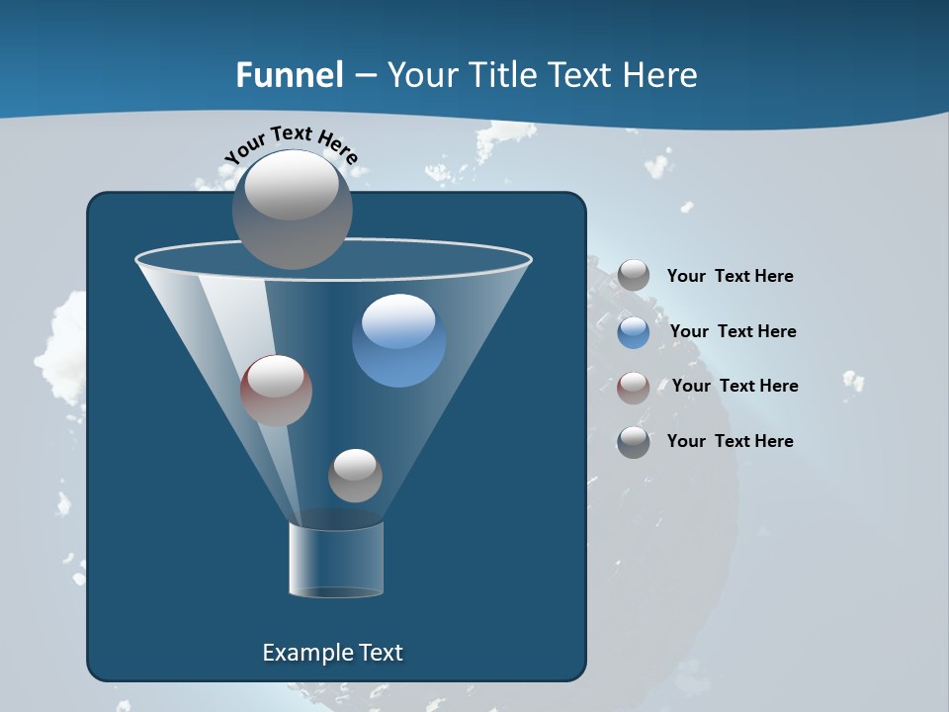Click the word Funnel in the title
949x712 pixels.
[290, 75]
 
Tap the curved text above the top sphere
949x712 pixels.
[291, 143]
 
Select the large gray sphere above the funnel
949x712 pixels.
[292, 209]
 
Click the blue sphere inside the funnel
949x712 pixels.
[398, 341]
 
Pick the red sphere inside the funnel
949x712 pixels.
[276, 391]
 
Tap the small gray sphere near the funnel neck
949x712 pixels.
[355, 476]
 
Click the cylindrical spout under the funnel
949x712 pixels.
[336, 559]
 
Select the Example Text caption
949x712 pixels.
[333, 653]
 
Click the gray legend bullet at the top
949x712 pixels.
[634, 276]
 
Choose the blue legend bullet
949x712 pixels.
[634, 331]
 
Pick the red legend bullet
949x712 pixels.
[634, 387]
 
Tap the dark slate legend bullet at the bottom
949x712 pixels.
[634, 442]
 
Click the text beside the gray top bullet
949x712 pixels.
[730, 277]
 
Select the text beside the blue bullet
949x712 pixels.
[733, 331]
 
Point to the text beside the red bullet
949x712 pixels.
[734, 386]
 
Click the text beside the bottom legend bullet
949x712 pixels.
[730, 441]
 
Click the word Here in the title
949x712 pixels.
[662, 75]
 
